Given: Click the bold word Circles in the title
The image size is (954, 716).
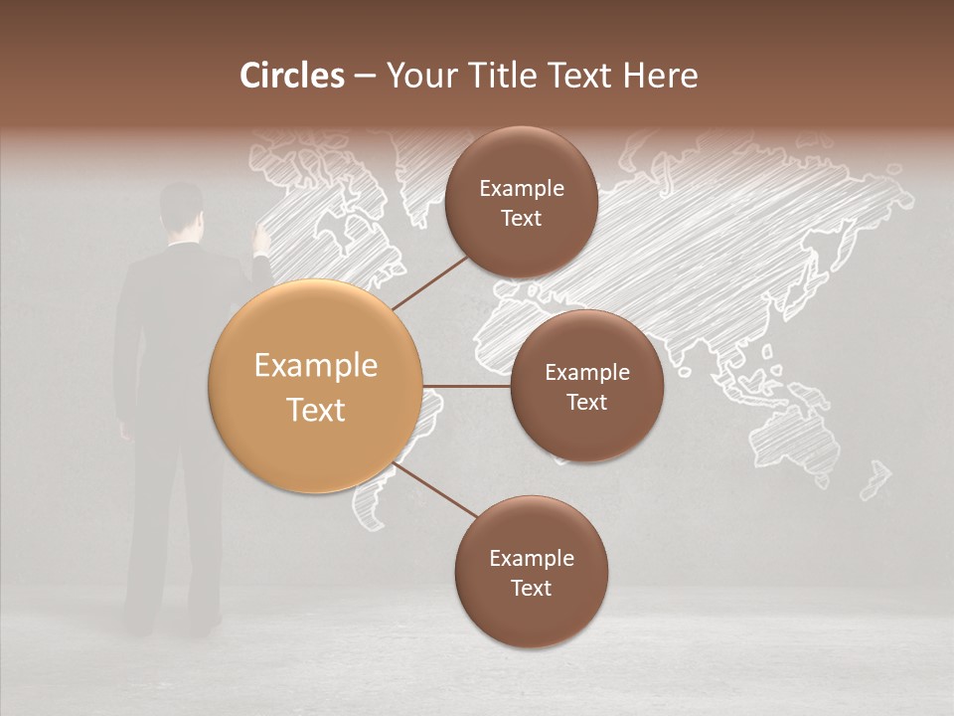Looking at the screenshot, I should (x=292, y=76).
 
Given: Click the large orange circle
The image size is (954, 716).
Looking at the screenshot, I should (x=316, y=386).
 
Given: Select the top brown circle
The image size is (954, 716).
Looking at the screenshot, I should (x=521, y=203).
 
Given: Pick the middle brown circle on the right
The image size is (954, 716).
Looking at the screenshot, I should (x=586, y=386).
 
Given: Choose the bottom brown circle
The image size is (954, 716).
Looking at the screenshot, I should (x=531, y=572).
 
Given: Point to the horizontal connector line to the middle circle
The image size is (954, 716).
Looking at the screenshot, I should (x=467, y=386).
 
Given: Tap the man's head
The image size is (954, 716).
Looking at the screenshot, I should (x=181, y=206).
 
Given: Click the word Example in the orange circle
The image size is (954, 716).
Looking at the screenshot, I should (x=316, y=366).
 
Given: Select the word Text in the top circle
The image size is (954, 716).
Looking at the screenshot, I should (x=521, y=219).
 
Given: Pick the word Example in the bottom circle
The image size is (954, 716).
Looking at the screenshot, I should (x=531, y=558).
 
